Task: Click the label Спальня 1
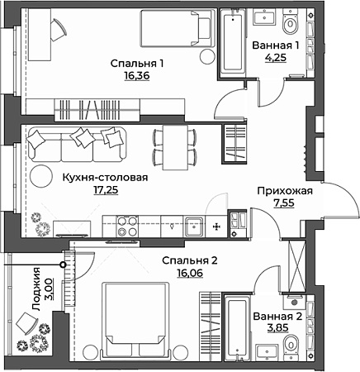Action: (x=137, y=64)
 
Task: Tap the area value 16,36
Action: (x=137, y=76)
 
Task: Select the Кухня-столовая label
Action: (x=106, y=178)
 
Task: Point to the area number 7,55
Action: (x=284, y=203)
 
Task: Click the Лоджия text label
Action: (x=36, y=289)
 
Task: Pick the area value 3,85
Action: (x=277, y=328)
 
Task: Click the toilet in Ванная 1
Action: (x=291, y=22)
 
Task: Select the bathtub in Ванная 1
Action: (x=233, y=41)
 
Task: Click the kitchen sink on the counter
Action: (x=194, y=227)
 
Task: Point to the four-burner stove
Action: (x=127, y=227)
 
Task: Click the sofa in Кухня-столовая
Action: (x=77, y=144)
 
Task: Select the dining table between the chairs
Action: (x=175, y=147)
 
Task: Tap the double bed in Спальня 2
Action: (x=135, y=321)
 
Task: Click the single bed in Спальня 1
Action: (x=178, y=29)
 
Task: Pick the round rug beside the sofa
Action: (x=41, y=176)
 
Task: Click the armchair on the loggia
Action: (x=26, y=323)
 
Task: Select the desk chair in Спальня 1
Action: (x=59, y=30)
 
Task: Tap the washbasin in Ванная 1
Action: (x=264, y=17)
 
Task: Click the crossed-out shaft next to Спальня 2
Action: (x=296, y=266)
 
